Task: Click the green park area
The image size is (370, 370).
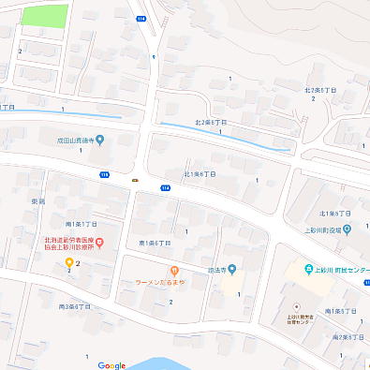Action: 45,16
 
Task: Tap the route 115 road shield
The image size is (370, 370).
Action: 104,174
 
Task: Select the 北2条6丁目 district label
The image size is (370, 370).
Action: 211,122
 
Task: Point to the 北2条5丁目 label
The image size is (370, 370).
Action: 320,91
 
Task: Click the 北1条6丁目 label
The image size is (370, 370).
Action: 200,173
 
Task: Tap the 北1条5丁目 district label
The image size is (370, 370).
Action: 334,214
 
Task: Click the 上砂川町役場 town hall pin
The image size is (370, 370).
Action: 347,228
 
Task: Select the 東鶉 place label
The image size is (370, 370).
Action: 37,201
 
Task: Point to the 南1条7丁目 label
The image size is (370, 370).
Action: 81,224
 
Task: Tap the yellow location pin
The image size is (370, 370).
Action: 69,262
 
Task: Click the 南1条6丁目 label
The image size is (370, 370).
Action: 154,243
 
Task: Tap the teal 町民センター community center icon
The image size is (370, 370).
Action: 308,271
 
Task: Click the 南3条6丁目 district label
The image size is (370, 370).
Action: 75,306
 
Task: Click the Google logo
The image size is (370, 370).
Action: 111,364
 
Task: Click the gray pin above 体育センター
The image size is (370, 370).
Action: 296,305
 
